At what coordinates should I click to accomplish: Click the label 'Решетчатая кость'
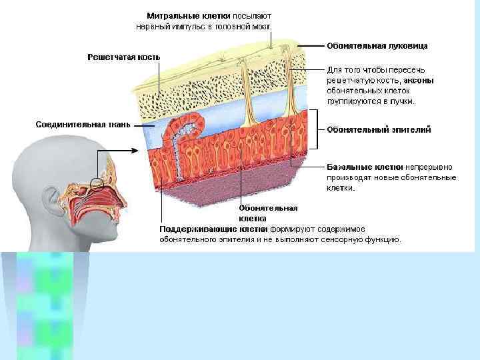click(x=124, y=57)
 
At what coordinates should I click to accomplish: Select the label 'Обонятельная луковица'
click(x=377, y=46)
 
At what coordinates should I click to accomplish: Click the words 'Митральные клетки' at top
click(x=189, y=15)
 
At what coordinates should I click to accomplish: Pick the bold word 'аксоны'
click(x=420, y=80)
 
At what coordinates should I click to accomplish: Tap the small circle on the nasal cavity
click(x=97, y=182)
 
